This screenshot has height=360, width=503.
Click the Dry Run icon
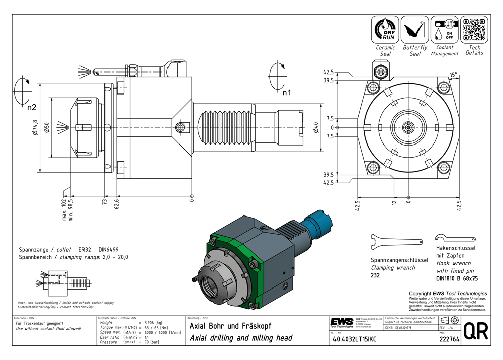pyautogui.click(x=385, y=29)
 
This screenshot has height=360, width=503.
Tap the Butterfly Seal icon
pyautogui.click(x=415, y=29)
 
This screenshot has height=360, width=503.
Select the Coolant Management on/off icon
pyautogui.click(x=444, y=29)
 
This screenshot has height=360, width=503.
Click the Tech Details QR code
pyautogui.click(x=474, y=29)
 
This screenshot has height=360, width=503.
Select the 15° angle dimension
pyautogui.click(x=453, y=75)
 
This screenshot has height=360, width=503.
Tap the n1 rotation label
pyautogui.click(x=286, y=92)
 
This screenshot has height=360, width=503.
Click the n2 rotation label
pyautogui.click(x=32, y=107)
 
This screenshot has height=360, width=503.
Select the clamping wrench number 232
pyautogui.click(x=375, y=276)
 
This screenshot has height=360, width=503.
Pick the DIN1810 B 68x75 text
pyautogui.click(x=457, y=277)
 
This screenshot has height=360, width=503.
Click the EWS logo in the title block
pyautogui.click(x=342, y=322)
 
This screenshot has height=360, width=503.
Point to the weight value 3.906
pyautogui.click(x=149, y=322)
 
